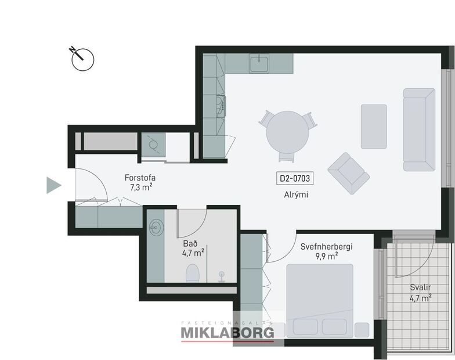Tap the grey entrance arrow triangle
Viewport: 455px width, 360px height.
tap(53, 185)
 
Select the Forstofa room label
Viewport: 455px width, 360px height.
tap(140, 178)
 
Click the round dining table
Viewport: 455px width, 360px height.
tap(288, 132)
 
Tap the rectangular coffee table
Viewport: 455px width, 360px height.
tap(374, 127)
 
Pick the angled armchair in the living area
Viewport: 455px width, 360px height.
tap(348, 173)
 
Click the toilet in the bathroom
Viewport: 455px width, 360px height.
tap(193, 272)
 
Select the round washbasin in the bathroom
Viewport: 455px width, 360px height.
tap(156, 225)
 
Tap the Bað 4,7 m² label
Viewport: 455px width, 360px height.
tap(192, 248)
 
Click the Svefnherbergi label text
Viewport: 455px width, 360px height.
tap(326, 247)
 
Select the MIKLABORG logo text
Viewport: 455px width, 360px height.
tap(227, 333)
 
